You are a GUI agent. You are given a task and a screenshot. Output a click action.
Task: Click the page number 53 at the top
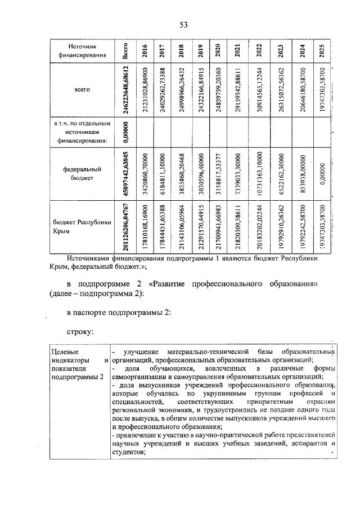coord(183,24)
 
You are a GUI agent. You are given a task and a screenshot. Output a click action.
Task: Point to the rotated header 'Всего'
coord(126,51)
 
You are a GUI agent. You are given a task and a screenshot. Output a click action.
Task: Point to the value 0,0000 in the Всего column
coord(127,132)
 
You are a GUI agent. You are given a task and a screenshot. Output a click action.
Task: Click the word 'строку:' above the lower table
coord(79,331)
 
